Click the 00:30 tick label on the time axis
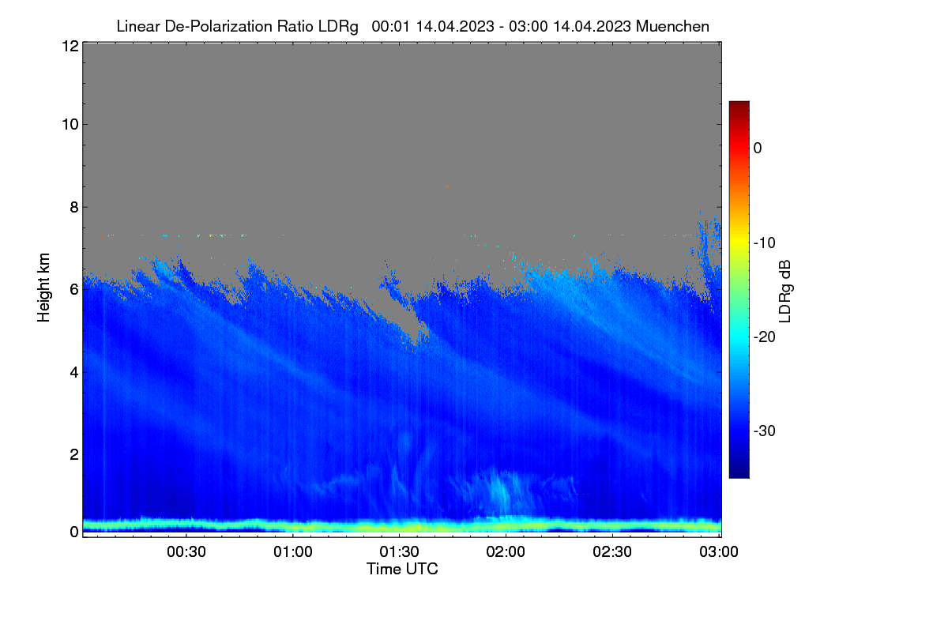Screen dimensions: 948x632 click(x=186, y=552)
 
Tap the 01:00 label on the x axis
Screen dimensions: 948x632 click(x=293, y=552)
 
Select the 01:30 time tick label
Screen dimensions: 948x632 click(x=399, y=552)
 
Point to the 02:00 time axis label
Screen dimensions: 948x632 click(x=506, y=552)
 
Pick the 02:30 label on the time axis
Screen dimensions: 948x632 click(x=612, y=552)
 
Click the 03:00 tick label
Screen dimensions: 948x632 click(x=719, y=552)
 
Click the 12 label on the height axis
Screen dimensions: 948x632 click(x=70, y=46)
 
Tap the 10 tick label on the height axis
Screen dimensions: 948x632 click(x=70, y=125)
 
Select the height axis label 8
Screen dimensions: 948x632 click(x=74, y=208)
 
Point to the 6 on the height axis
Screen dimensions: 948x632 click(x=74, y=290)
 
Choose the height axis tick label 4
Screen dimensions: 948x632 click(x=74, y=373)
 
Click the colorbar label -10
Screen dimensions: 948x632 click(x=765, y=243)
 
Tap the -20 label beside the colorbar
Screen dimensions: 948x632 click(x=765, y=337)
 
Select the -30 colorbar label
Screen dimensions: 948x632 click(x=765, y=431)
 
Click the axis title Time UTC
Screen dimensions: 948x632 click(x=402, y=569)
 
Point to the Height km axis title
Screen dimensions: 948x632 click(x=43, y=288)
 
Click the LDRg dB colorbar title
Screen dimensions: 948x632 click(x=785, y=292)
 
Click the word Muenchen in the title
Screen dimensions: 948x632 click(x=672, y=26)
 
